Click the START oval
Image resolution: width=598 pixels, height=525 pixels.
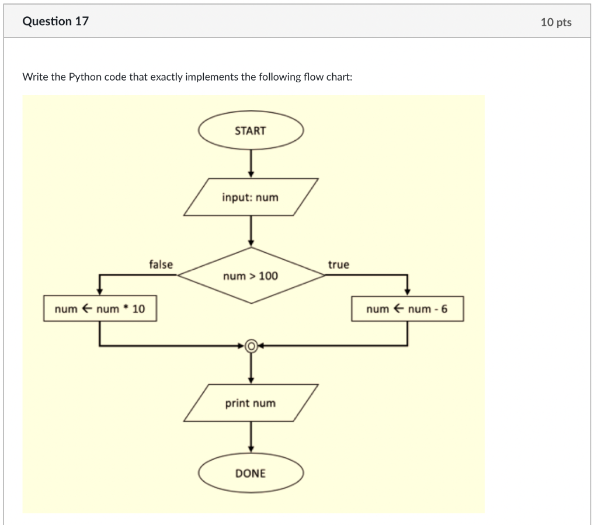click(x=251, y=131)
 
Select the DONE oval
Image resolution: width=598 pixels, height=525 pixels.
click(x=251, y=473)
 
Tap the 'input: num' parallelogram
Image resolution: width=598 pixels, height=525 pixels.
click(x=251, y=197)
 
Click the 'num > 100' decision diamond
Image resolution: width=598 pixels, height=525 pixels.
click(x=251, y=276)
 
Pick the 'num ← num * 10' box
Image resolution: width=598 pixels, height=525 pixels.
click(x=100, y=309)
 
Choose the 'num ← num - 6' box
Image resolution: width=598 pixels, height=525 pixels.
click(x=407, y=309)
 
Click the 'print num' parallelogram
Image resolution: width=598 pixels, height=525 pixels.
click(x=251, y=403)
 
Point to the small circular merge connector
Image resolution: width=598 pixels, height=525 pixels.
click(x=251, y=346)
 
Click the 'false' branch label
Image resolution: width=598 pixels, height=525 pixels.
click(x=161, y=265)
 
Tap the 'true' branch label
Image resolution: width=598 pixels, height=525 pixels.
click(x=339, y=265)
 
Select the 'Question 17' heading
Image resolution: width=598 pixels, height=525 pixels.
click(x=55, y=22)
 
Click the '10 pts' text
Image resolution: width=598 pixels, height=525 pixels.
click(x=556, y=22)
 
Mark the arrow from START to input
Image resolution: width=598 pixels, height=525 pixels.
click(x=251, y=163)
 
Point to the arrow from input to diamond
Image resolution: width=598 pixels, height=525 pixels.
click(x=251, y=231)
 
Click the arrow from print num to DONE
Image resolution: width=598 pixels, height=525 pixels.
click(x=251, y=437)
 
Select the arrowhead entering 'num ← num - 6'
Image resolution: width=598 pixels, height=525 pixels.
click(x=407, y=291)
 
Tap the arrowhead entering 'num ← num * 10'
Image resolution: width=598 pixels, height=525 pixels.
click(x=100, y=291)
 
